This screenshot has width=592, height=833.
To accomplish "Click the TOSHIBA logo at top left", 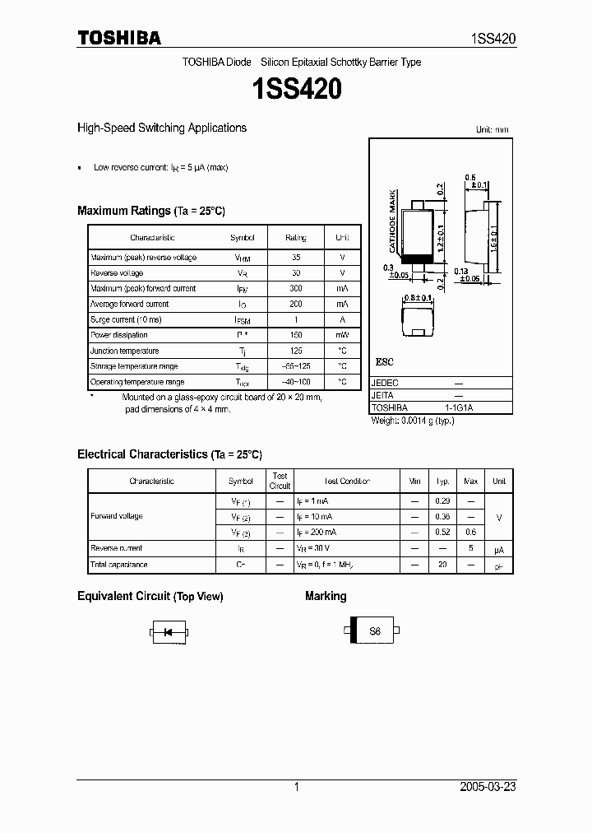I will (x=118, y=38).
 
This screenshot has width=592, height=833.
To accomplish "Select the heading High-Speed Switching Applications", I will (x=162, y=128).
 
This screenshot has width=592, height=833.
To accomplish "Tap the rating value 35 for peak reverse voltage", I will (x=295, y=258).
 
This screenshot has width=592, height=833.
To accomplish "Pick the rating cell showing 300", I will (x=295, y=289).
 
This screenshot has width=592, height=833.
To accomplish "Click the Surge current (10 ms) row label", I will (x=126, y=319).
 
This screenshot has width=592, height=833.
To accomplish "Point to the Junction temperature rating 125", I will (x=295, y=351).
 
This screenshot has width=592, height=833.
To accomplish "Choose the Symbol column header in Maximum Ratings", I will (x=243, y=238).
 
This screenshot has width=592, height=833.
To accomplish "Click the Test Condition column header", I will (x=346, y=482).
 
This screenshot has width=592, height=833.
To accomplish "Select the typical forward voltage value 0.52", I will (x=443, y=533).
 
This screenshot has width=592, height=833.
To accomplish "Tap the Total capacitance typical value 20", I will (x=442, y=565).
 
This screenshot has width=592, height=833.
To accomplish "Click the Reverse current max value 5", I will (x=471, y=548).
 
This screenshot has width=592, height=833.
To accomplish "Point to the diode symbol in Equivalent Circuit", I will (x=169, y=632).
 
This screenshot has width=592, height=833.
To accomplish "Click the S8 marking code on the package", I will (x=375, y=632).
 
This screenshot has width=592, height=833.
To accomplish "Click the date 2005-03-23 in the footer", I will (x=487, y=787).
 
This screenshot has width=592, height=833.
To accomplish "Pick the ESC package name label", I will (x=384, y=362).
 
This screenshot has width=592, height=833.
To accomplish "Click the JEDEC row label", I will (x=384, y=383).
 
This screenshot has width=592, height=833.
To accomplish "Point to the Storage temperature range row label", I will (x=134, y=366).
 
